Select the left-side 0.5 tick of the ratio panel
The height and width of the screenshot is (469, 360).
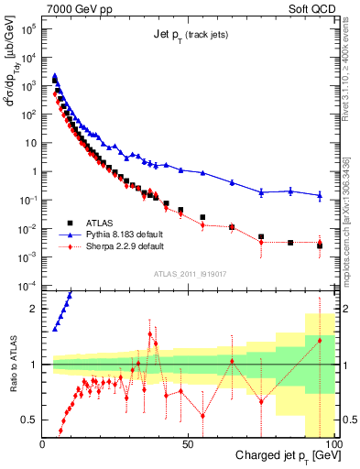tap(29, 420)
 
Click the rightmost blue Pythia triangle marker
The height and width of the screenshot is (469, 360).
tap(320, 195)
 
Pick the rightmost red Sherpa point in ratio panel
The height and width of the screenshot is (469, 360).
tap(320, 341)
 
